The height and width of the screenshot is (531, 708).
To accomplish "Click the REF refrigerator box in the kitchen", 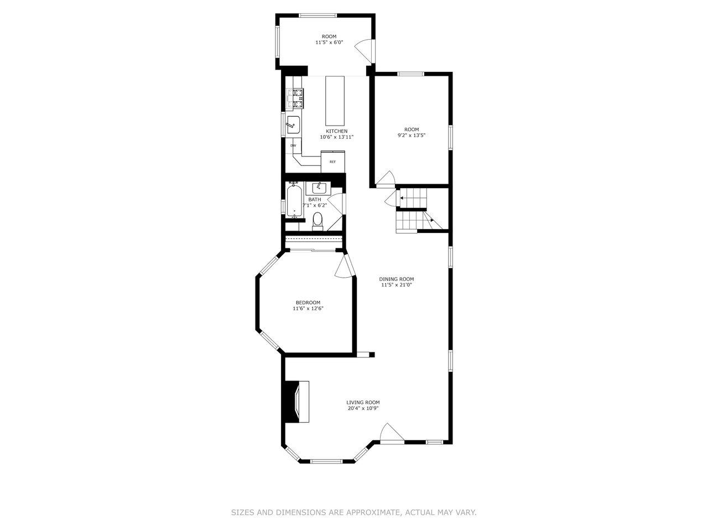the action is tap(333, 161).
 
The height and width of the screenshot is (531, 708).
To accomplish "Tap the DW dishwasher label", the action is tap(293, 145).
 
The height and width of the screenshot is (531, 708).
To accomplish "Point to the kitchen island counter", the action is tap(335, 101).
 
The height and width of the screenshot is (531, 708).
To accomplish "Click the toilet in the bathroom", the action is tap(317, 221).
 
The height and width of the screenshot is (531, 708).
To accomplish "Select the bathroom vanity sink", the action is tap(318, 188).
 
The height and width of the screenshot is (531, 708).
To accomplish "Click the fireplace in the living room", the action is tap(296, 402).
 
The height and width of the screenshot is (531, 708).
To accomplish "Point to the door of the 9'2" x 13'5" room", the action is tap(386, 179).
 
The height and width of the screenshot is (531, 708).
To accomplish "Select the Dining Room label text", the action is tap(397, 279).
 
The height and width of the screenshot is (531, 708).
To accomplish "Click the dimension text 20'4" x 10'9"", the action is tap(363, 408).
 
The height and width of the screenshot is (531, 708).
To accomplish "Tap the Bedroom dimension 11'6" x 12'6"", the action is tap(308, 308).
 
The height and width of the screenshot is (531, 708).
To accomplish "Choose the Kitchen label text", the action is tap(336, 131).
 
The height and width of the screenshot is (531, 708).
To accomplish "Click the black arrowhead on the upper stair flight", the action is tap(402, 197).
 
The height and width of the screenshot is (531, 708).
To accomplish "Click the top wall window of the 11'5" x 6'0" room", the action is tap(318, 15).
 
